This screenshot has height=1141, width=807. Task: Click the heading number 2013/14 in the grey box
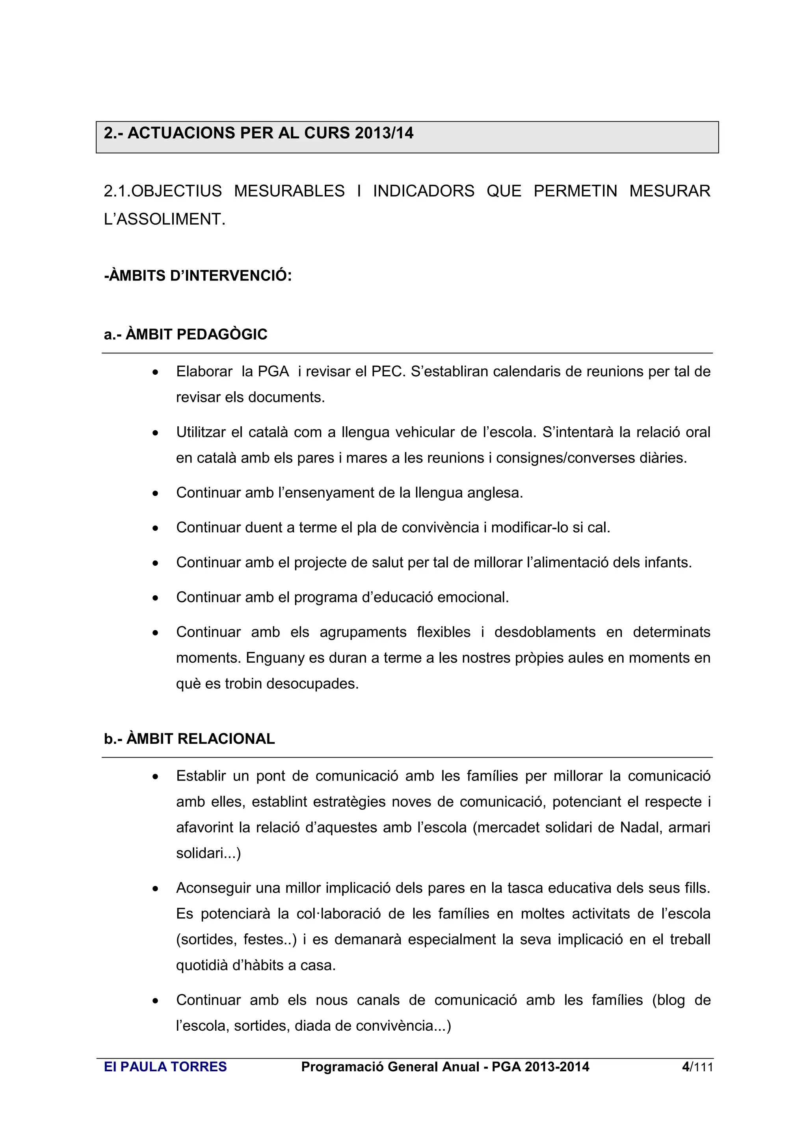pyautogui.click(x=384, y=133)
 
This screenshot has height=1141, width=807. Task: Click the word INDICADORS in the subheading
pyautogui.click(x=423, y=191)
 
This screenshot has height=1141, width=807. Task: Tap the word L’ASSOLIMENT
pyautogui.click(x=164, y=219)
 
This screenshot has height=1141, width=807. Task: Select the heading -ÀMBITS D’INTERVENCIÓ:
pyautogui.click(x=198, y=276)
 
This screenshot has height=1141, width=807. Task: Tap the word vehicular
pyautogui.click(x=424, y=432)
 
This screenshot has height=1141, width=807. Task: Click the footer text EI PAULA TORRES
pyautogui.click(x=165, y=1067)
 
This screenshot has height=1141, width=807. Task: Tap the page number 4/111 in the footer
pyautogui.click(x=697, y=1067)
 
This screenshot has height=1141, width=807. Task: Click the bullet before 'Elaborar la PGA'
pyautogui.click(x=156, y=372)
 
